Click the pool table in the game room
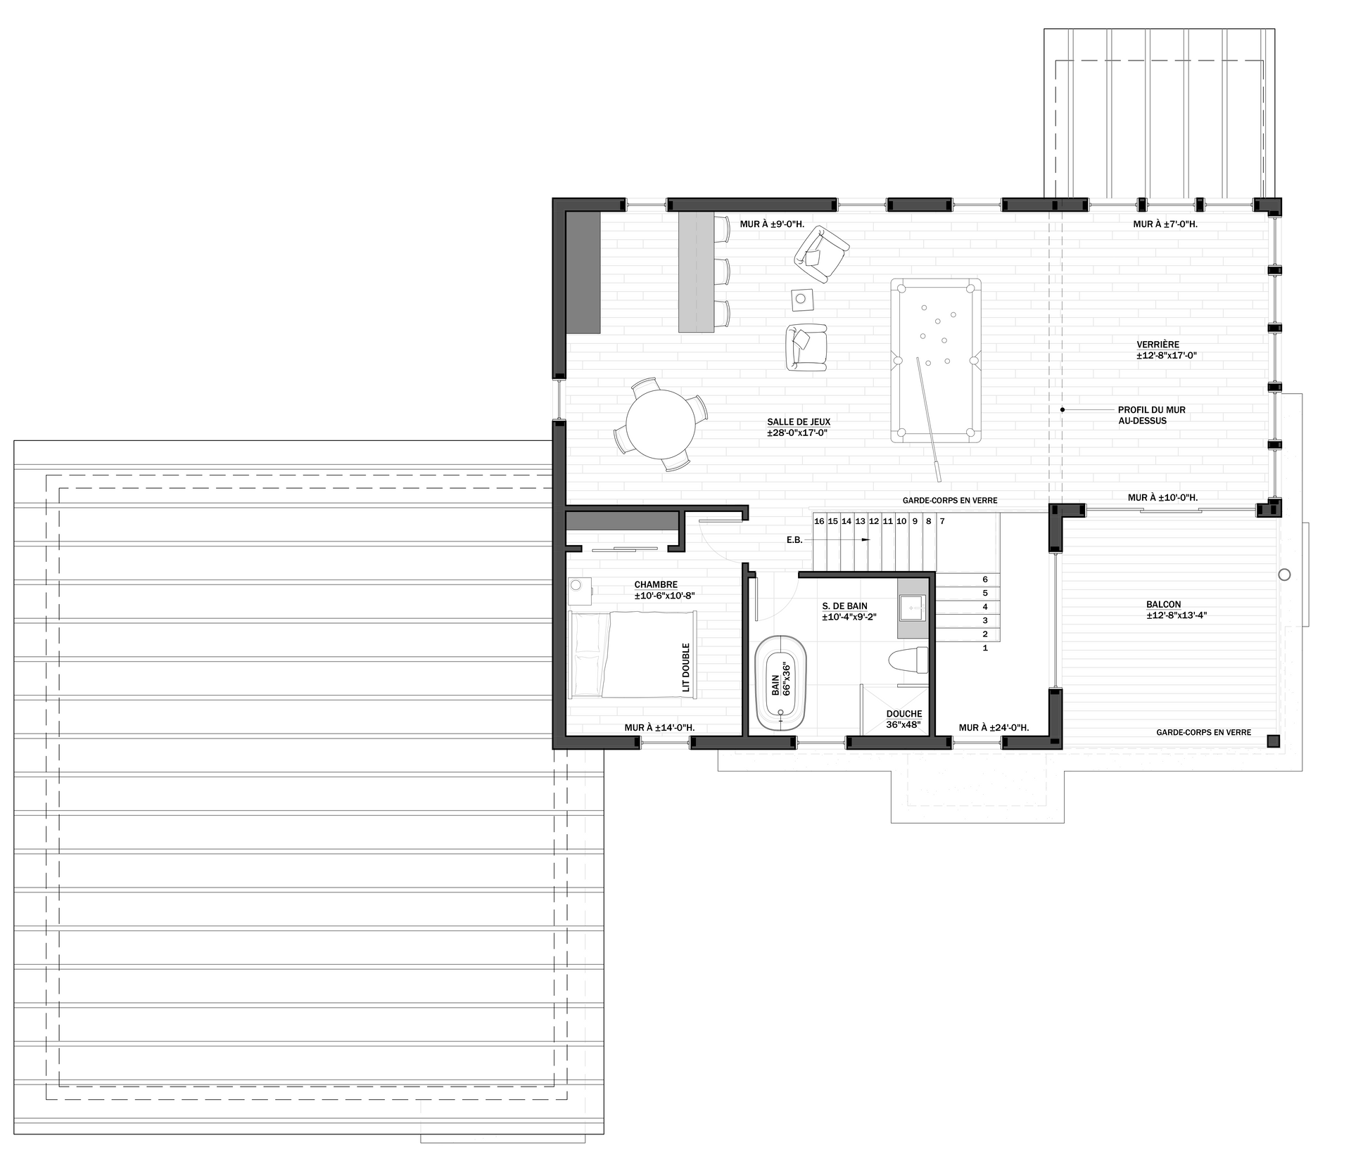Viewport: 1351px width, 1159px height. point(936,360)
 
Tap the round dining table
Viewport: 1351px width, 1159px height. point(659,424)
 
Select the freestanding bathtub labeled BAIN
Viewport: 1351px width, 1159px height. point(782,684)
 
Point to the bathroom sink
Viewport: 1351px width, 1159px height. point(913,607)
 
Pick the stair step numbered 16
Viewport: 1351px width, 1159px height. point(819,521)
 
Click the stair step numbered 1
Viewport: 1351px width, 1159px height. point(985,648)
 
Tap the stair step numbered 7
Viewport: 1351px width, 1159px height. point(941,521)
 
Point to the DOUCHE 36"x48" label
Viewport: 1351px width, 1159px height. point(903,719)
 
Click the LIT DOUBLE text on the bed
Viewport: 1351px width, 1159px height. point(686,667)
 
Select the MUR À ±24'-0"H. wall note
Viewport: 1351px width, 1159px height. point(994,727)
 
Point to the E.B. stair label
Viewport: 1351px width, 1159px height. point(794,539)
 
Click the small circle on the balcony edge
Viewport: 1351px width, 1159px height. point(1284,575)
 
